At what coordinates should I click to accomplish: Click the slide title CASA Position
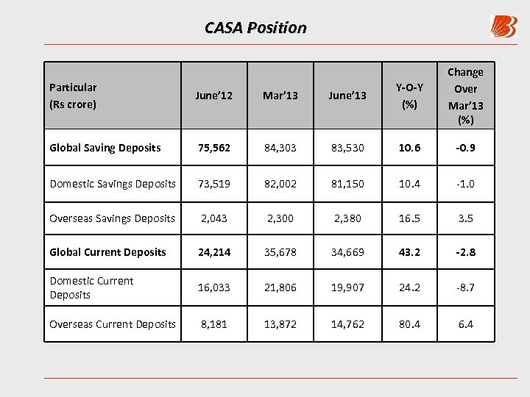[x=255, y=28]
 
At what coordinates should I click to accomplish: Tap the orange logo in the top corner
[x=504, y=26]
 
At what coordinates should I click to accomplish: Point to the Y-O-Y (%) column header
[x=409, y=96]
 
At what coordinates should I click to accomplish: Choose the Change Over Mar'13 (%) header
[x=465, y=96]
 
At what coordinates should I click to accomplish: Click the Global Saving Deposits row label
[x=105, y=148]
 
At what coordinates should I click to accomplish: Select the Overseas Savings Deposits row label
[x=112, y=218]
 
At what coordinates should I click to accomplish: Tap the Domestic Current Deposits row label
[x=91, y=287]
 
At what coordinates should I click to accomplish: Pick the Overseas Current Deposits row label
[x=113, y=324]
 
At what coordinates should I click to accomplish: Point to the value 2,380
[x=347, y=218]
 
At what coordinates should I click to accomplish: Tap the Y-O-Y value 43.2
[x=409, y=252]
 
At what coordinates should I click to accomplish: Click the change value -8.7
[x=465, y=287]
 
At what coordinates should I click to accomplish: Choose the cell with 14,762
[x=347, y=324]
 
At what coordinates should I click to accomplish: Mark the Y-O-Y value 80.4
[x=409, y=324]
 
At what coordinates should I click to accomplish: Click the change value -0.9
[x=465, y=148]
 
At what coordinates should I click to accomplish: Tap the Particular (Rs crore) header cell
[x=73, y=96]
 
